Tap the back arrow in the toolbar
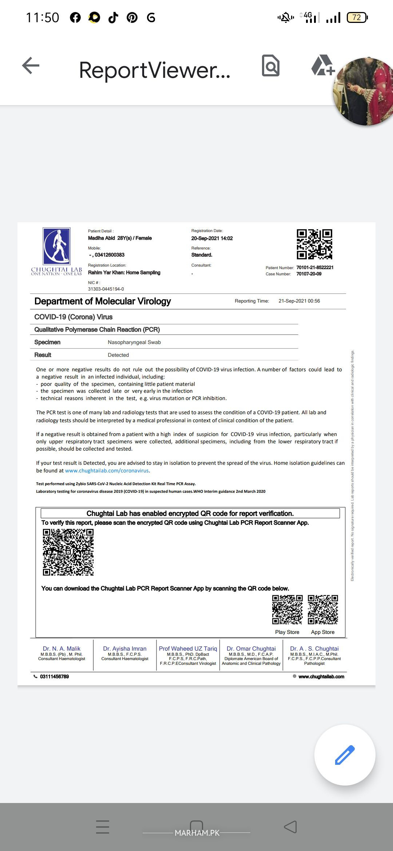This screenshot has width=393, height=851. tap(31, 66)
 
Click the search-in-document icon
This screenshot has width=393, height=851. tap(270, 66)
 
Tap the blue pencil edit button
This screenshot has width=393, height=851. tap(345, 755)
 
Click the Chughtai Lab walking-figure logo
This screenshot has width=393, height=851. tap(56, 246)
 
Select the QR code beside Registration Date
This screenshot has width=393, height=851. tap(314, 244)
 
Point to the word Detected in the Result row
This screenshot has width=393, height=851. tap(118, 355)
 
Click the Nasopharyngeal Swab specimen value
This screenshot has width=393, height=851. tap(134, 342)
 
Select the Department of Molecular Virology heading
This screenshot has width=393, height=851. tap(103, 301)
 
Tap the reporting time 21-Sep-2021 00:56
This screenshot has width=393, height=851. tap(299, 301)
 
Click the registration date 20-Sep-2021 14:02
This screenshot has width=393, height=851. tap(212, 238)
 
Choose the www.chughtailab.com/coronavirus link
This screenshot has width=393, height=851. tap(107, 471)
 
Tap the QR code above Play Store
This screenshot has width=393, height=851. tap(287, 610)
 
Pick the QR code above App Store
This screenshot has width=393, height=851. tap(323, 610)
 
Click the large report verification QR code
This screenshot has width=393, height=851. tap(68, 552)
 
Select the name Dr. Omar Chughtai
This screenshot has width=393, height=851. tap(251, 649)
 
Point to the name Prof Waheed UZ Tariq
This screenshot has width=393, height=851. tap(188, 649)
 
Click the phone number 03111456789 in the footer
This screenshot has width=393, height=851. tap(54, 676)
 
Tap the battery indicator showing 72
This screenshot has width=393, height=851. tap(357, 17)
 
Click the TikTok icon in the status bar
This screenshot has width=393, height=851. tap(113, 17)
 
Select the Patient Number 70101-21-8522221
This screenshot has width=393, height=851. tap(315, 267)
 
